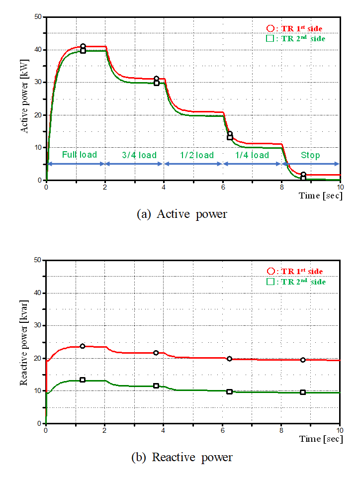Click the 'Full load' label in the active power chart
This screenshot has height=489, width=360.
point(79,155)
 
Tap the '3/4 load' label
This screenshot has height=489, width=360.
point(139,155)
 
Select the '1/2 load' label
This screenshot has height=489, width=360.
point(197,155)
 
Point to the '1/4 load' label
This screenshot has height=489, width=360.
point(252,155)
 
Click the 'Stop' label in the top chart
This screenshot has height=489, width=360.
point(310,155)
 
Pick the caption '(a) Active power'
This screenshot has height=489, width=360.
point(181,214)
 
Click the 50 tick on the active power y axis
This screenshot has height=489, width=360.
point(38,17)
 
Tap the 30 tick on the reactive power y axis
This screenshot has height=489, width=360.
point(38,326)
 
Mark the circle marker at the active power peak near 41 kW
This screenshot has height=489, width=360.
point(83,46)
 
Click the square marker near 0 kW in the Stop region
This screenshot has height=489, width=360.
point(303,178)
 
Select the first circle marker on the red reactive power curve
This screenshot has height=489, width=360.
point(83,346)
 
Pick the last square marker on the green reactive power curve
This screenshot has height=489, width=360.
point(303,392)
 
